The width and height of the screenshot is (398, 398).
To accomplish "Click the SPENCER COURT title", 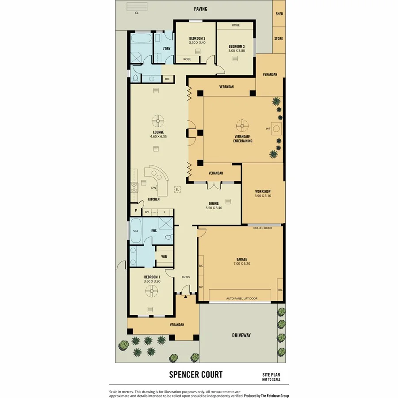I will pyautogui.click(x=195, y=375).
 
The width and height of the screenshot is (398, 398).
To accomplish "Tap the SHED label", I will pyautogui.click(x=279, y=14).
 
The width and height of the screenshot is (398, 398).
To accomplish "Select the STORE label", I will pyautogui.click(x=278, y=39).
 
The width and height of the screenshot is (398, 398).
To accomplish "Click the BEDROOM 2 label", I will pyautogui.click(x=197, y=38).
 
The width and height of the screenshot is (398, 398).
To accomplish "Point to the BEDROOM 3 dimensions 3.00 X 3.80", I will pyautogui.click(x=237, y=50).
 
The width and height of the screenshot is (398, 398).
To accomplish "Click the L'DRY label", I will pyautogui.click(x=166, y=49).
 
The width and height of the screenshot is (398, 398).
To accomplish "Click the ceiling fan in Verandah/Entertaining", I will pyautogui.click(x=242, y=126).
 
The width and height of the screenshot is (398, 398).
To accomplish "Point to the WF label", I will pyautogui.click(x=268, y=129).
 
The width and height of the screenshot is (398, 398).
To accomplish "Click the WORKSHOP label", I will pyautogui.click(x=263, y=191).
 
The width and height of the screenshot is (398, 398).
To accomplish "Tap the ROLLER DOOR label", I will pyautogui.click(x=262, y=228).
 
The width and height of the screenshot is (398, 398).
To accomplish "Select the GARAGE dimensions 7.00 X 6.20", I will pyautogui.click(x=241, y=264).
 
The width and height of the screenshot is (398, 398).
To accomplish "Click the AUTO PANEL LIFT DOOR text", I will pyautogui.click(x=241, y=298).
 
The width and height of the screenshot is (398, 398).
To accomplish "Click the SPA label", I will pyautogui.click(x=135, y=231).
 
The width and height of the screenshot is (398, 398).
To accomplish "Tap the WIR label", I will pyautogui.click(x=164, y=256).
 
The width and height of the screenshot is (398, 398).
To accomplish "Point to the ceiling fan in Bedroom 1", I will pyautogui.click(x=151, y=290).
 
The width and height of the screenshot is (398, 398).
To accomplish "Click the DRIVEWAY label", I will pyautogui.click(x=241, y=335).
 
